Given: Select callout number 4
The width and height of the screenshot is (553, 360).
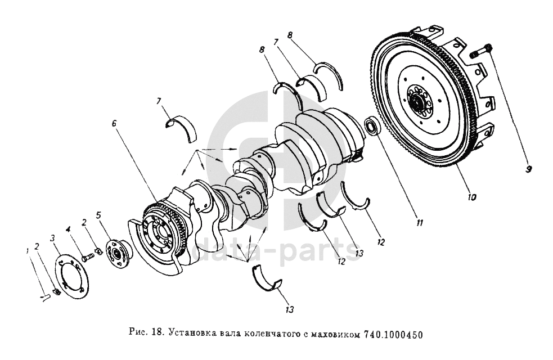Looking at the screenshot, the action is (69, 230).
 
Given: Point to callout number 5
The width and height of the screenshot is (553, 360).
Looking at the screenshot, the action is (99, 215).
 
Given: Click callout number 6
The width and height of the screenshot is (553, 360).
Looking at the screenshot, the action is (114, 124).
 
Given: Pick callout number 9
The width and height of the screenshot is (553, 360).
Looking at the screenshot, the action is (528, 170).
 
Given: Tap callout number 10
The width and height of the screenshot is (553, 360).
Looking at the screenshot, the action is (472, 197).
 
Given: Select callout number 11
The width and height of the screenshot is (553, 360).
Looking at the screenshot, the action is (419, 223).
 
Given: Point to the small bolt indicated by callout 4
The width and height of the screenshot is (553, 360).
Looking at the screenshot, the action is (87, 258).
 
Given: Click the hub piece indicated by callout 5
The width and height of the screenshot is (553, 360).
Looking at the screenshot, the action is (118, 253).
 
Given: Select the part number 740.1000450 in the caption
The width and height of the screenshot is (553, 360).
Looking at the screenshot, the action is (392, 334).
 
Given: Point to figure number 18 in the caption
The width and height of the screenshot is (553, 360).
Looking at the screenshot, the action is (156, 333).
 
